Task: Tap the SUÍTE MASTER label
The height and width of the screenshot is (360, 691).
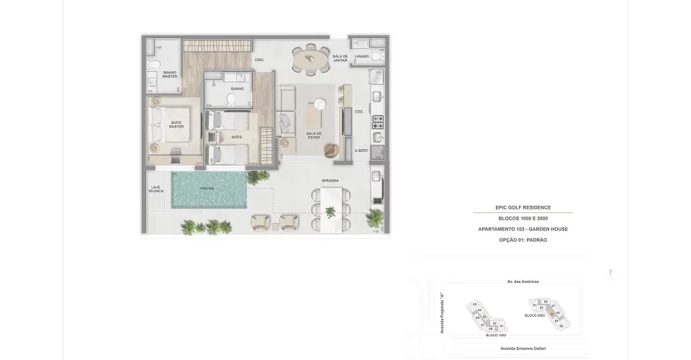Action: tap(176, 125)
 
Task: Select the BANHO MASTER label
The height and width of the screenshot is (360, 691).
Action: tap(170, 74)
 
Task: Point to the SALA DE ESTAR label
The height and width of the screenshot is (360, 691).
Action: tap(313, 135)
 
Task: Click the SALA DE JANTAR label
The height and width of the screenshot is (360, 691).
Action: tap(340, 58)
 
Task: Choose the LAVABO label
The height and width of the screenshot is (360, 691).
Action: tap(361, 56)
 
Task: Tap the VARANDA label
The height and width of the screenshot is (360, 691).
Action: tap(330, 180)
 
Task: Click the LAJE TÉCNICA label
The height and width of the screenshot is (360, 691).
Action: tap(155, 189)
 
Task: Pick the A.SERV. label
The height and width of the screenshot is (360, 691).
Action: tap(361, 150)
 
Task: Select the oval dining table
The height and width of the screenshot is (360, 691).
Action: tap(310, 60)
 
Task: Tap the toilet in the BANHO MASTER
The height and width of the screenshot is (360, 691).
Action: tap(151, 67)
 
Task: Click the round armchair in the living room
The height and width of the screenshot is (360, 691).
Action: tap(330, 150)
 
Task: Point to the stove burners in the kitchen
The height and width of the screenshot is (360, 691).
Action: tap(378, 122)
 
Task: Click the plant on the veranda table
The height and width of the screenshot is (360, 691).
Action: tap(330, 212)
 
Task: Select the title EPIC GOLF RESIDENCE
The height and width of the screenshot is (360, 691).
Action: tap(523, 207)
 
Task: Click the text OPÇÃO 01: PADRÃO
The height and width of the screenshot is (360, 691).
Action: tap(523, 240)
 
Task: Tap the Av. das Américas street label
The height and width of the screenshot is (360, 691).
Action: tap(523, 282)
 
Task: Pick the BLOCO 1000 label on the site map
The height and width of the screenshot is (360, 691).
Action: tap(496, 336)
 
